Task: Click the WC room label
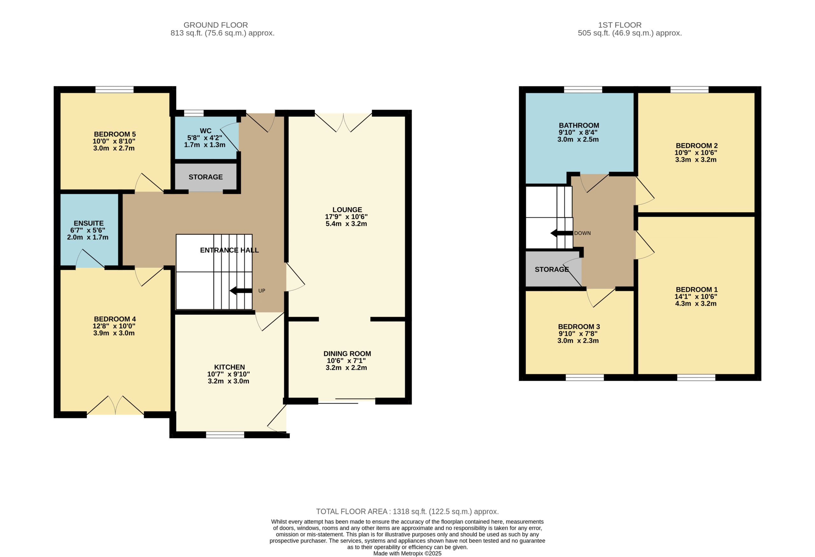pos(206,131)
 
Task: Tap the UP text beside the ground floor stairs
pos(262,291)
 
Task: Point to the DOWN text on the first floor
pos(582,233)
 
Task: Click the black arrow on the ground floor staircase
pos(241,291)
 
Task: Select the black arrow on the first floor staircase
pos(562,233)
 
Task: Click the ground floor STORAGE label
pos(206,177)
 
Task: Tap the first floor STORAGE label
pos(552,269)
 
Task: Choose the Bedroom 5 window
pos(114,89)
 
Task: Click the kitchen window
pos(225,435)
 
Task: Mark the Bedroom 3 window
pos(585,377)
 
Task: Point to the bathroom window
pos(583,89)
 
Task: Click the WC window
pos(194,113)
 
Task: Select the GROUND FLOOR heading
pos(216,25)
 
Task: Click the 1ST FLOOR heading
pos(620,25)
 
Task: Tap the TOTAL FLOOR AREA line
pos(407,511)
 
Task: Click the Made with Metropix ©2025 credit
pos(407,553)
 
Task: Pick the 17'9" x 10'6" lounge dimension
pos(346,217)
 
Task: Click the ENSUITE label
pos(89,223)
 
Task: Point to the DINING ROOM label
pos(347,354)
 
